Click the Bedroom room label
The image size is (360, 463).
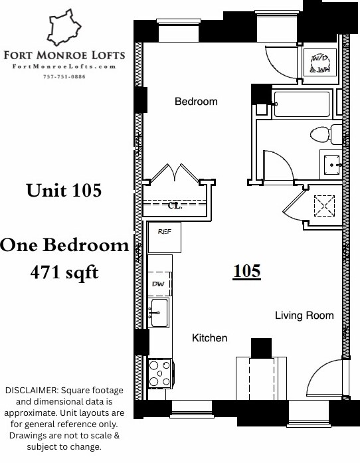tap(196, 102)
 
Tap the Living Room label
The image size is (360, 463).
tap(304, 316)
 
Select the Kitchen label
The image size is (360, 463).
tap(209, 338)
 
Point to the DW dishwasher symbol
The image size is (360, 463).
tap(159, 284)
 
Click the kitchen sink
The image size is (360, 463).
tap(158, 312)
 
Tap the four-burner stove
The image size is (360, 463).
tap(159, 373)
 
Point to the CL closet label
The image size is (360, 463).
tap(175, 206)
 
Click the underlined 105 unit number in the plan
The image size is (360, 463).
tap(246, 271)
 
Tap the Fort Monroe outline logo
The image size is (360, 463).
tap(64, 27)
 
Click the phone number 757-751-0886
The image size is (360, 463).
tap(64, 76)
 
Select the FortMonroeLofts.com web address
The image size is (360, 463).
tap(64, 66)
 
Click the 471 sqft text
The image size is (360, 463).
tap(64, 272)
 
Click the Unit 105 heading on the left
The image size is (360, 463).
tap(64, 191)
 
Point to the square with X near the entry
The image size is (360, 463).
tap(324, 205)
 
